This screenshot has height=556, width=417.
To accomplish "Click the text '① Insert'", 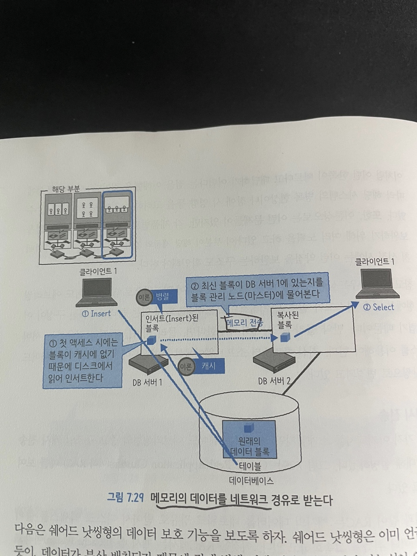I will (96, 313).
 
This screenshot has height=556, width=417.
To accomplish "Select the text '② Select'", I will (378, 307).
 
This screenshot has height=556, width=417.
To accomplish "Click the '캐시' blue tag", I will (208, 366).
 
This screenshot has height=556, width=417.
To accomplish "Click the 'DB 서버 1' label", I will (147, 383).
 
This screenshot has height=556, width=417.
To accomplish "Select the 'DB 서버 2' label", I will (274, 381).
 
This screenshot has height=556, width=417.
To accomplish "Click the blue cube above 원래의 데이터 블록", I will (248, 429).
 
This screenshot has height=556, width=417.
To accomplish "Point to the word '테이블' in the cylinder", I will (250, 467).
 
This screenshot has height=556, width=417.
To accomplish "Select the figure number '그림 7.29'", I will (126, 499).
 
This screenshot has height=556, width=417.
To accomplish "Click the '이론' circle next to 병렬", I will (144, 298).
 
